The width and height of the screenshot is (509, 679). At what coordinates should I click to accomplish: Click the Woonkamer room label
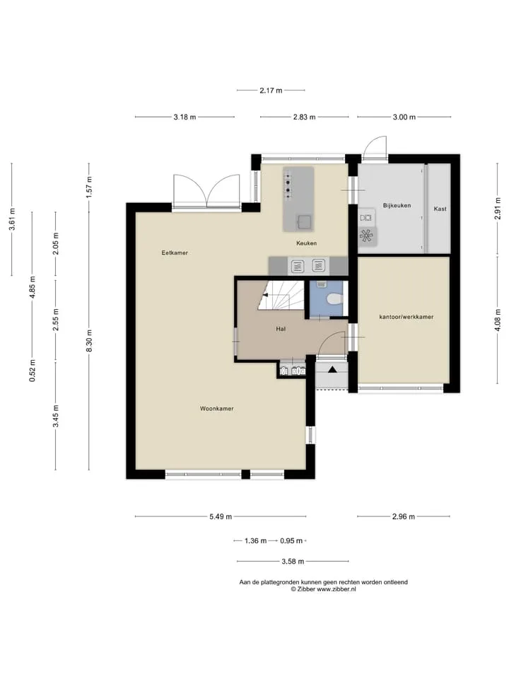click(217, 408)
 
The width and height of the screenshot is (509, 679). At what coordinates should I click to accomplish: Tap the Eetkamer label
click(175, 253)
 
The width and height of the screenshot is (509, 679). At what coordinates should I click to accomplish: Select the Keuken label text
click(306, 243)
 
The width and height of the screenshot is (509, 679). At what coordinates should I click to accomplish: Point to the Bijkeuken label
click(397, 206)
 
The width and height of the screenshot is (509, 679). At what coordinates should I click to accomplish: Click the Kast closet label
click(440, 209)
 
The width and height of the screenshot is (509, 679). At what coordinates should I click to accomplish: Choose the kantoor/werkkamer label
click(406, 317)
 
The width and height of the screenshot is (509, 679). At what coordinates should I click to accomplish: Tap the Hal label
click(281, 329)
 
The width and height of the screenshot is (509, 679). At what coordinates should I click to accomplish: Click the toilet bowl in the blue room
click(335, 299)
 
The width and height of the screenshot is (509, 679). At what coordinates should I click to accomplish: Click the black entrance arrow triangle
click(332, 369)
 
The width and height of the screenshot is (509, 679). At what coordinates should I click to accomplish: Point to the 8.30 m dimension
click(89, 341)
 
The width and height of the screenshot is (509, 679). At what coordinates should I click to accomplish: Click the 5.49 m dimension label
click(221, 516)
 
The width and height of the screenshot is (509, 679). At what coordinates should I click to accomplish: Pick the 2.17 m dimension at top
click(271, 91)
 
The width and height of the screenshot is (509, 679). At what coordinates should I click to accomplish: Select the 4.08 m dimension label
click(498, 320)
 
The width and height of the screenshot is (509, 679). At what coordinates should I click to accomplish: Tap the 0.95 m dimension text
click(291, 541)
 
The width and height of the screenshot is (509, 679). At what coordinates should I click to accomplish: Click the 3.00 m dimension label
click(404, 117)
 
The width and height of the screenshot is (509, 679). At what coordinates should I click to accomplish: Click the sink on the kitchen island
click(304, 221)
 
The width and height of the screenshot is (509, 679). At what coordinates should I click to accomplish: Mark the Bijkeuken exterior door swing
click(375, 147)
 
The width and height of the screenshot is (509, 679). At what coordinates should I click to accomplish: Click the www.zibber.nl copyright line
click(323, 589)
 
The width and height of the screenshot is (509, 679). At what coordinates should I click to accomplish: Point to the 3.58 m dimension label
click(293, 562)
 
